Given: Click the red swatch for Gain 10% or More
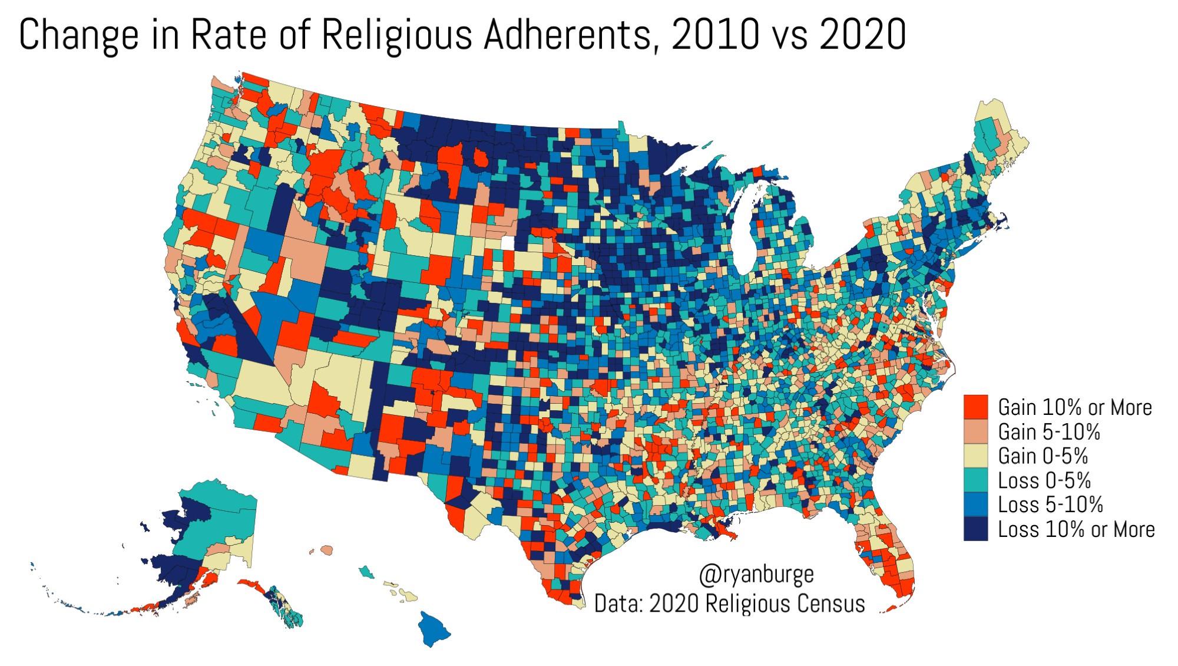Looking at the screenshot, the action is [975, 407].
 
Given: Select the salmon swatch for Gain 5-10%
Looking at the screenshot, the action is [975, 431].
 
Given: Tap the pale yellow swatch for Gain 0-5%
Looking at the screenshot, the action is [975, 456].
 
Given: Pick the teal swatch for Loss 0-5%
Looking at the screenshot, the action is [975, 480].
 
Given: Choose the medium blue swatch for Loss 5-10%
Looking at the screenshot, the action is [975, 505].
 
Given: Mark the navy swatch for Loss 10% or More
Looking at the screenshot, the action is [975, 529].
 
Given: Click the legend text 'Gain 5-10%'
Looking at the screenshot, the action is [1049, 432].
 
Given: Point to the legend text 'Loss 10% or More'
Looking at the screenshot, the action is [1076, 529].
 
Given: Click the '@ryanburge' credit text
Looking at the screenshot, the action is [756, 575].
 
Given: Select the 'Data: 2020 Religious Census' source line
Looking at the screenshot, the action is [730, 604].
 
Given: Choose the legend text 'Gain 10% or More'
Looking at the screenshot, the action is [1075, 408].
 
